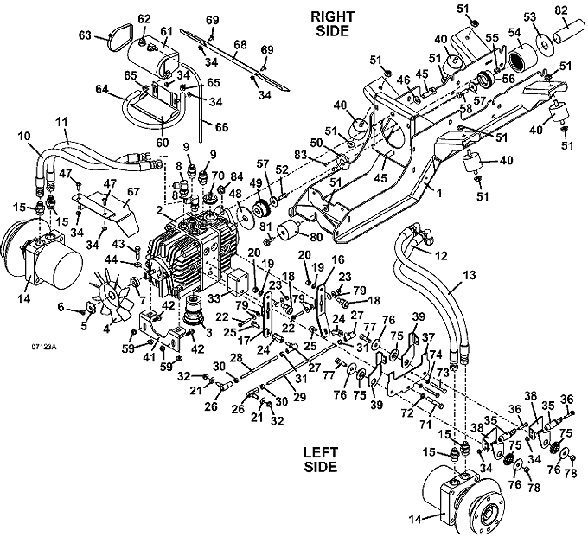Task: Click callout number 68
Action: pyautogui.click(x=240, y=43)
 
